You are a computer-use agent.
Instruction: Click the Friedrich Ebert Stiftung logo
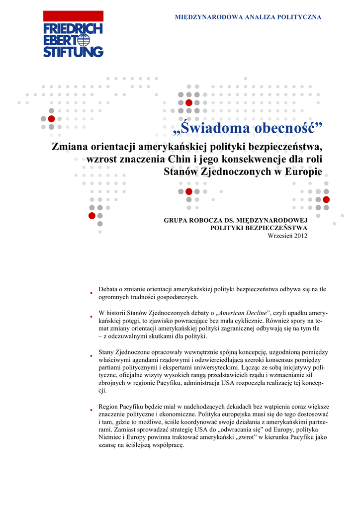click(x=73, y=40)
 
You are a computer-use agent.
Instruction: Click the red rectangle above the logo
click(x=73, y=16)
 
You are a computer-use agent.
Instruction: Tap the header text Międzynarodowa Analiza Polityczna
click(x=248, y=17)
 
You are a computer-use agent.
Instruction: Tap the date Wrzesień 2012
click(x=287, y=236)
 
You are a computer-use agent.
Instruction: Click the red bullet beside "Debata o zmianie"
click(x=91, y=293)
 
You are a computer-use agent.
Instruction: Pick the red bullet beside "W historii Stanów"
click(x=91, y=316)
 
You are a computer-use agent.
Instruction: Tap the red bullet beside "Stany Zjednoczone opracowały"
click(x=91, y=356)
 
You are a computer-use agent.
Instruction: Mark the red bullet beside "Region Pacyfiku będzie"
click(x=91, y=410)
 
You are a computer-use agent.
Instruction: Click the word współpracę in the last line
click(x=166, y=445)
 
